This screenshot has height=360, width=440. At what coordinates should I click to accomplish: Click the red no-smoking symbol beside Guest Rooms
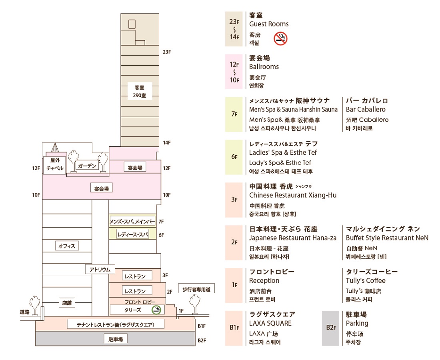click(281, 38)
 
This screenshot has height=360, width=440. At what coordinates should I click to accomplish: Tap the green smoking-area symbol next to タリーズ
click(156, 310)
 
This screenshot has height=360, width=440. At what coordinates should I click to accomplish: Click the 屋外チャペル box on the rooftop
click(55, 164)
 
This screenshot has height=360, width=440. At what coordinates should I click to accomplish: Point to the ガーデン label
click(88, 166)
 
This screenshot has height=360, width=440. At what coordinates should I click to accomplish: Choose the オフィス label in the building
click(67, 246)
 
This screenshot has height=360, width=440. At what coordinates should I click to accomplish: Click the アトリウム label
click(100, 270)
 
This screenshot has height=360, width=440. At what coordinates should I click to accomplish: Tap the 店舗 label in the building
click(67, 303)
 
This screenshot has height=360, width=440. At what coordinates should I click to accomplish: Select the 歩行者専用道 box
click(196, 289)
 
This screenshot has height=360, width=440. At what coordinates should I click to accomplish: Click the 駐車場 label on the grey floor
click(116, 339)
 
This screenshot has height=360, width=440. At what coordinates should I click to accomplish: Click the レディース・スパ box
click(132, 234)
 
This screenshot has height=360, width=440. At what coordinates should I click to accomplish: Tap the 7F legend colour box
click(234, 114)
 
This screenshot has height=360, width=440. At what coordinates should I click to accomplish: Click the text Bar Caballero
click(366, 110)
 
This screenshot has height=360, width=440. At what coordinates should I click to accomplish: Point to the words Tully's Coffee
click(366, 280)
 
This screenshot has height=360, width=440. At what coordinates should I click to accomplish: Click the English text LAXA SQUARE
click(270, 323)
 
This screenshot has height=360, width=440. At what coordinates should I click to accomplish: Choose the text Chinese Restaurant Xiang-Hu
click(293, 195)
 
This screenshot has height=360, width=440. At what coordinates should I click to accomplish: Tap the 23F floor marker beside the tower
click(167, 52)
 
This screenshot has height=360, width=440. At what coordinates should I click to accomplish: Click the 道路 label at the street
click(25, 312)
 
